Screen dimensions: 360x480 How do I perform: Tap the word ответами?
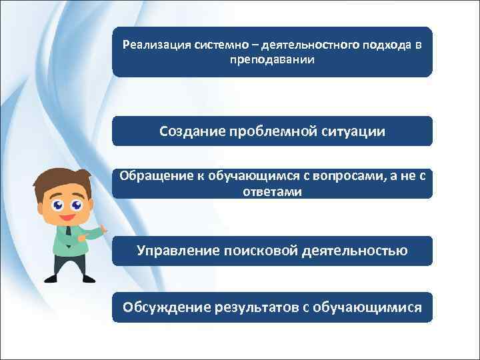pyautogui.click(x=272, y=192)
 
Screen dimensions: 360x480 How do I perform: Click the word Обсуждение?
pyautogui.click(x=167, y=307)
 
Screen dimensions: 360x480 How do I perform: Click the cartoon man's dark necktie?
pyautogui.click(x=68, y=234)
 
